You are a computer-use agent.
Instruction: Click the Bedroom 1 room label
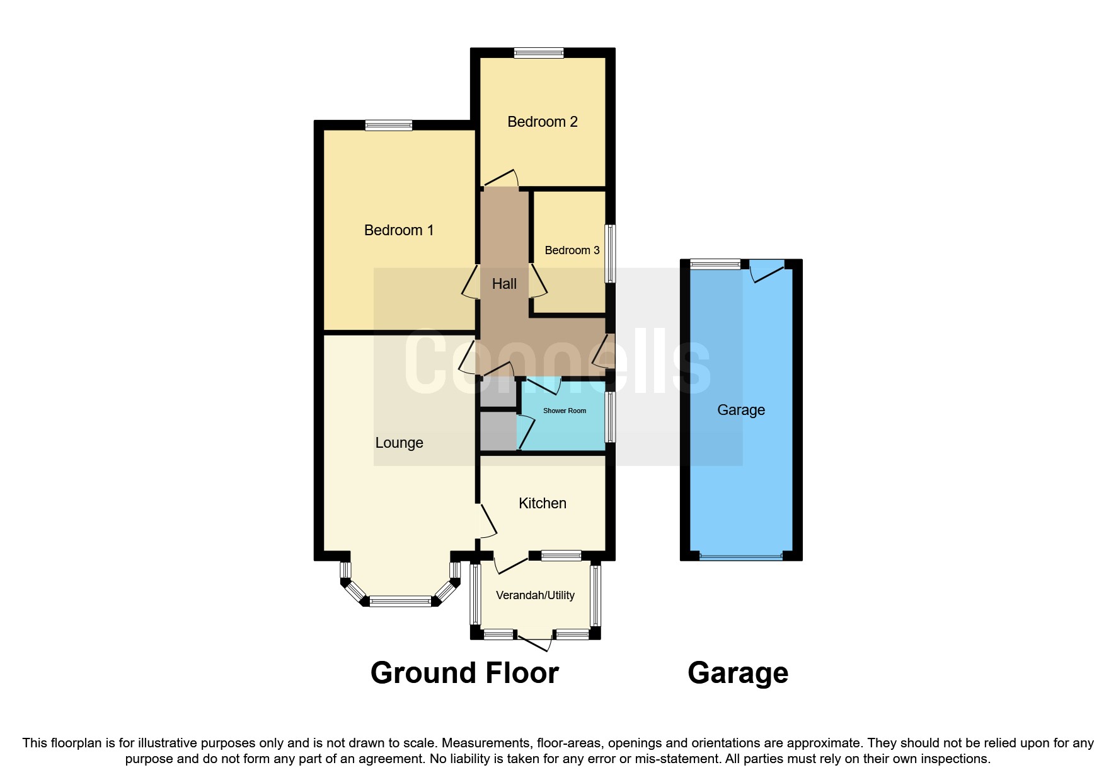(x=399, y=230)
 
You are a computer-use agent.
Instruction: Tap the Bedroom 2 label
(x=542, y=122)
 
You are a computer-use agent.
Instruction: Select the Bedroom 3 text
(x=572, y=250)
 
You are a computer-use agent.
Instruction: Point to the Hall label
(x=504, y=284)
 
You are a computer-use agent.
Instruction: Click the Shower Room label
(x=564, y=411)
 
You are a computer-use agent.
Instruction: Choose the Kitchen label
(x=542, y=503)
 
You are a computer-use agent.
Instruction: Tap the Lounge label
(x=399, y=443)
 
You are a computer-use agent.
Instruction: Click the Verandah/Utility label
(x=535, y=595)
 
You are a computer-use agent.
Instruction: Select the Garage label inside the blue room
(x=741, y=410)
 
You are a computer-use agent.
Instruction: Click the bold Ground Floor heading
(x=464, y=673)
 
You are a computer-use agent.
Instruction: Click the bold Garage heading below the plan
(x=738, y=673)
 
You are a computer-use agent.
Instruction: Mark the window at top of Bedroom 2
(x=538, y=54)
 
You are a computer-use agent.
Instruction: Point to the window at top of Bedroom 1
(x=388, y=125)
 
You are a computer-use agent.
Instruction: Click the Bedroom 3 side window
(x=610, y=254)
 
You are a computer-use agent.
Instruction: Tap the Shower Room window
(x=610, y=417)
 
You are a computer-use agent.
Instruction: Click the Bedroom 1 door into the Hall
(x=470, y=282)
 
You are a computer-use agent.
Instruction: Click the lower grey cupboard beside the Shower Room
(x=498, y=431)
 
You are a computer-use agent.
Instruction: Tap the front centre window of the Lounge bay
(x=400, y=602)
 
